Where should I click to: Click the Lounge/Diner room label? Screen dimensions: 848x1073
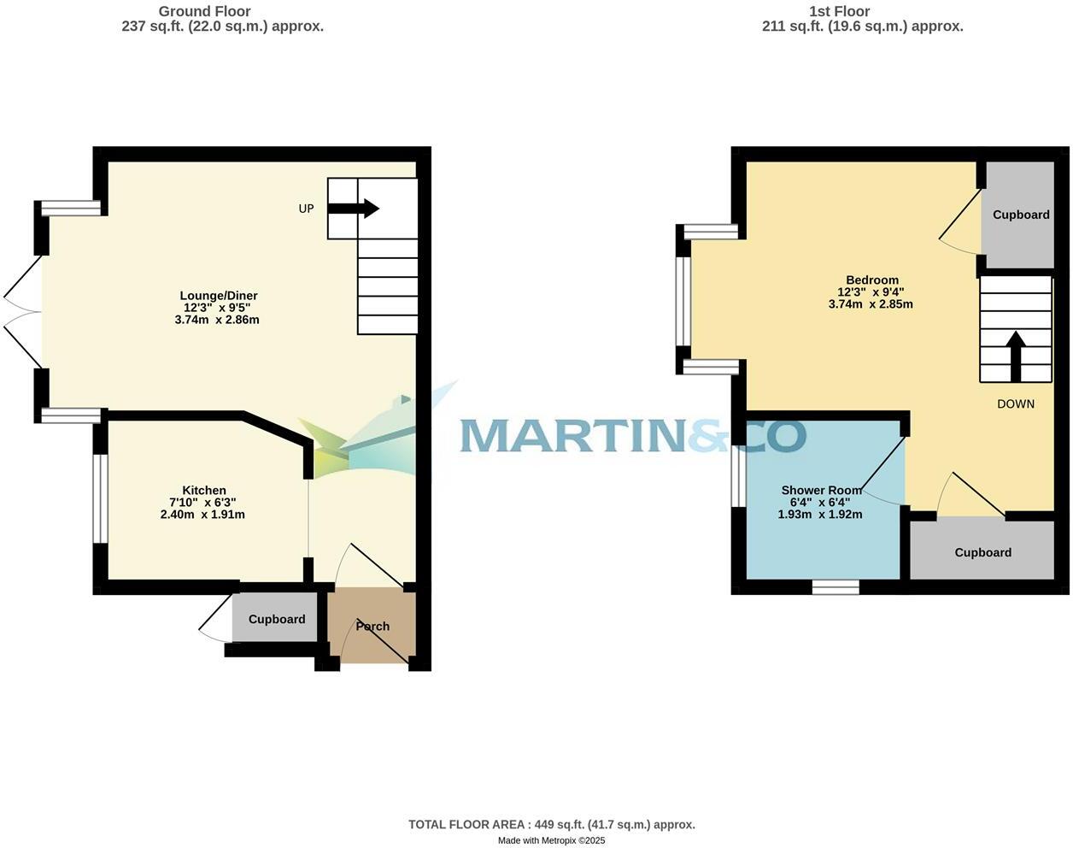[x=219, y=296]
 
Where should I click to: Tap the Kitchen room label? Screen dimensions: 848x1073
[x=204, y=491]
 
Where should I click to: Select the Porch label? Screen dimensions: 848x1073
[x=372, y=627]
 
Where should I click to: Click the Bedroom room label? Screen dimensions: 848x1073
[x=872, y=280]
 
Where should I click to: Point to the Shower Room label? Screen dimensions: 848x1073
[x=821, y=491]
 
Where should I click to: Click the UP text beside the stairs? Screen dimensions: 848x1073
[x=306, y=209]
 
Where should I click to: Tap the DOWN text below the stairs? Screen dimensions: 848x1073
[x=1016, y=404]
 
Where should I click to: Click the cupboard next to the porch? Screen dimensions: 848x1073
[x=277, y=619]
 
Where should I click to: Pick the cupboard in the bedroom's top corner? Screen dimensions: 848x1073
[x=1020, y=215]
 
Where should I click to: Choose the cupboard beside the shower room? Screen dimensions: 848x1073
[x=982, y=552]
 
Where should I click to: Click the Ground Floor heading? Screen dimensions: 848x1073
[x=205, y=11]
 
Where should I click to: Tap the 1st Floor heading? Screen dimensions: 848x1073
[x=839, y=11]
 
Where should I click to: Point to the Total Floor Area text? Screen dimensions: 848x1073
[x=551, y=825]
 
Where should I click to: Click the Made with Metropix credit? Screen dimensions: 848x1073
[x=551, y=840]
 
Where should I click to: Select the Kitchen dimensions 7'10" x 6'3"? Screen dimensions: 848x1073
[x=202, y=503]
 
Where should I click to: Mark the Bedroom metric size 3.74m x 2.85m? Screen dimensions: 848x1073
[x=871, y=304]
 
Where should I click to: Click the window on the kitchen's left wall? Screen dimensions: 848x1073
[x=100, y=498]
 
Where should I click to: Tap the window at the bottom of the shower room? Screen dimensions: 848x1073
[x=836, y=587]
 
